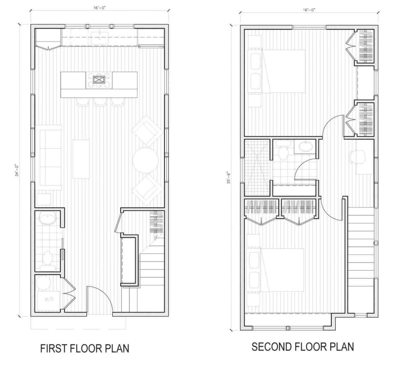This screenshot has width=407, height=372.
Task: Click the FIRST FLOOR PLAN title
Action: [85, 348]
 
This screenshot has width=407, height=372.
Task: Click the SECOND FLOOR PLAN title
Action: [303, 347]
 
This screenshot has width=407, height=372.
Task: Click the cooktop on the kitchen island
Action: [99, 80]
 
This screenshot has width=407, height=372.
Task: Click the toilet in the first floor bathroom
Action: [47, 258]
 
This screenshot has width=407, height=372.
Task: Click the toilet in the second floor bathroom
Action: [282, 152]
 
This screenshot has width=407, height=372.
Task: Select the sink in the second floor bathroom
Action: [307, 146]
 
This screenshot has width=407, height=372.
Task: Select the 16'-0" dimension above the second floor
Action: [309, 10]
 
